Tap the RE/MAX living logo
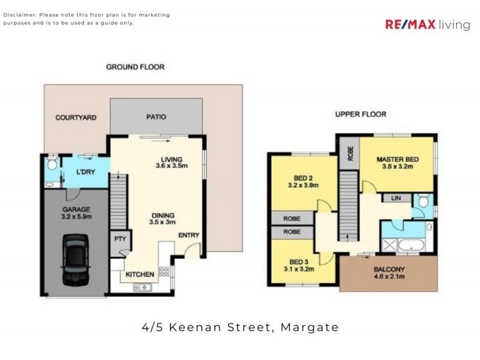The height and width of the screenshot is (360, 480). coord(427,25)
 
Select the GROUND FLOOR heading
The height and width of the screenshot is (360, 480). coord(135,67)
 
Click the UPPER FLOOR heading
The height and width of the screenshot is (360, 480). coord(360,114)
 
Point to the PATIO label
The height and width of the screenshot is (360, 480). coord(156,117)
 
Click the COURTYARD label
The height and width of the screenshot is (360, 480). coord(76,118)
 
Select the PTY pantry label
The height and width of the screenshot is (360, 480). coord(119,239)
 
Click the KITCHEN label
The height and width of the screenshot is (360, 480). coord(140,274)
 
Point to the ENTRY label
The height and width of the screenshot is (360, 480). coord(188,235)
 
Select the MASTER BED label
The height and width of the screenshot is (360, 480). coord(397,159)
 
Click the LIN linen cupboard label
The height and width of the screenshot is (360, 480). coord(396,197)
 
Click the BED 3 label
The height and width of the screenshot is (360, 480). coord(299,262)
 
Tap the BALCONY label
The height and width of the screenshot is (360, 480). coord(389,269)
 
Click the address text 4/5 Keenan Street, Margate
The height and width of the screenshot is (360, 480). coord(240,328)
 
